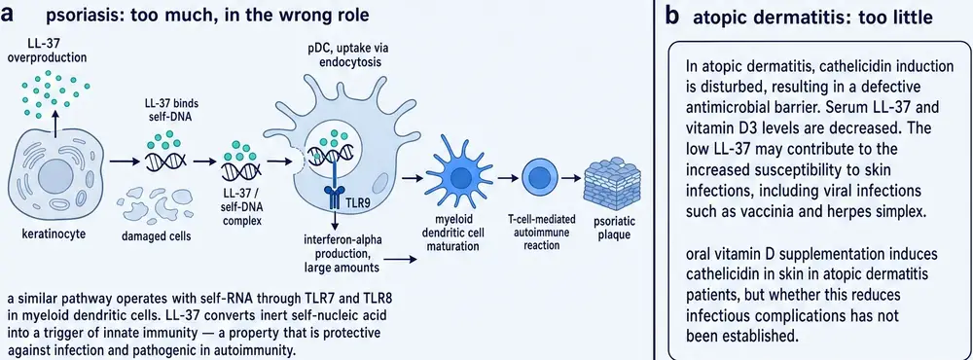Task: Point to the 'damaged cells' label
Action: pyautogui.click(x=155, y=234)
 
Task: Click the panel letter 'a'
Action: pyautogui.click(x=8, y=15)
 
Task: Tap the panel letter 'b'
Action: pyautogui.click(x=672, y=17)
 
